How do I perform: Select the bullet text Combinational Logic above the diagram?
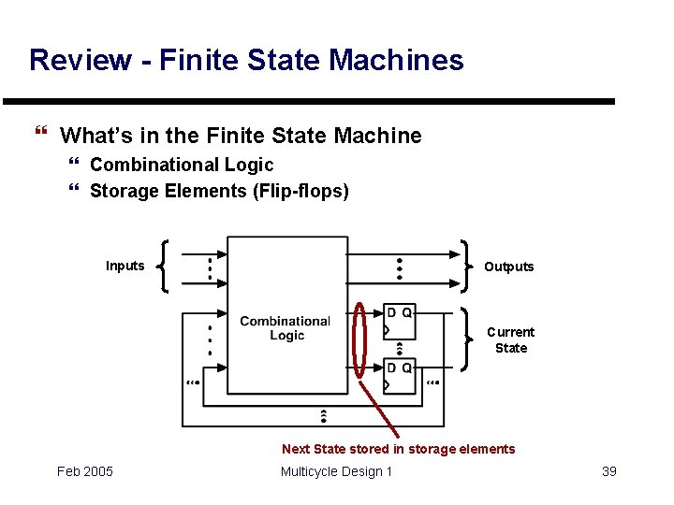click(x=182, y=165)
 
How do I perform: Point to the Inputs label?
click(x=125, y=266)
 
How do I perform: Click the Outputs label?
click(x=508, y=267)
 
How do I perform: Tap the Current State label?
click(x=510, y=339)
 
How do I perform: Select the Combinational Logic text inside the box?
click(x=286, y=328)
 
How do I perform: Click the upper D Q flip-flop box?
click(x=400, y=322)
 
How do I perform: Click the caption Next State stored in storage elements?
click(x=398, y=449)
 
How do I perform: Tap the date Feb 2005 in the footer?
click(x=84, y=471)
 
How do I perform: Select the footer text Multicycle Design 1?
click(x=336, y=471)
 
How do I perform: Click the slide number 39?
click(x=608, y=471)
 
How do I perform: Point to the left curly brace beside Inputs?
click(x=165, y=266)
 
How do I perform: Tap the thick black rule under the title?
click(x=309, y=101)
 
